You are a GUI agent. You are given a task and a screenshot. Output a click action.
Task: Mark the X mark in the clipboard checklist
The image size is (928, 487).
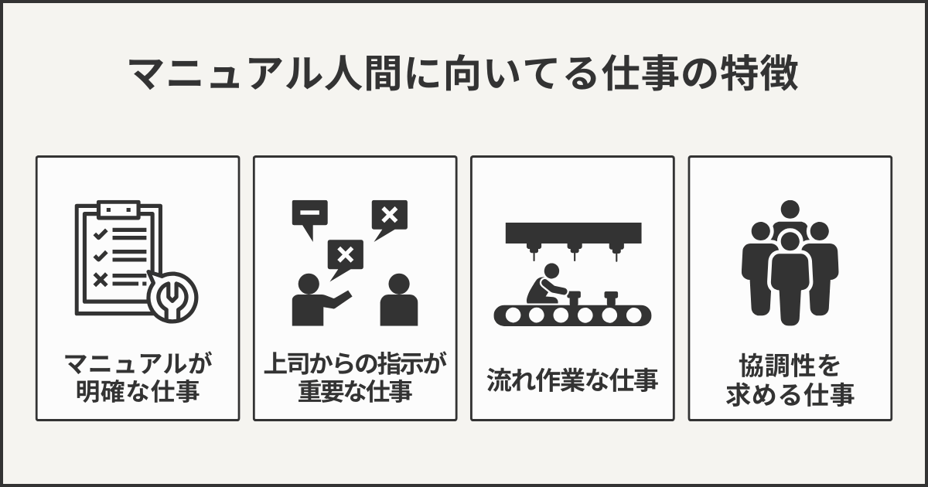99,279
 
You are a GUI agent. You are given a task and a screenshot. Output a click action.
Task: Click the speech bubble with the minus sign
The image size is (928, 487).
309,216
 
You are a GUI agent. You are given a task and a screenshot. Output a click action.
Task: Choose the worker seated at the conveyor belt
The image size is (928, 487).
544,285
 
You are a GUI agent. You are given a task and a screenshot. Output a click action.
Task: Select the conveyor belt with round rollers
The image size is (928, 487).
572,315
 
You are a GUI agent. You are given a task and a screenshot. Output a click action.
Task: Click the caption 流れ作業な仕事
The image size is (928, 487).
572,381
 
